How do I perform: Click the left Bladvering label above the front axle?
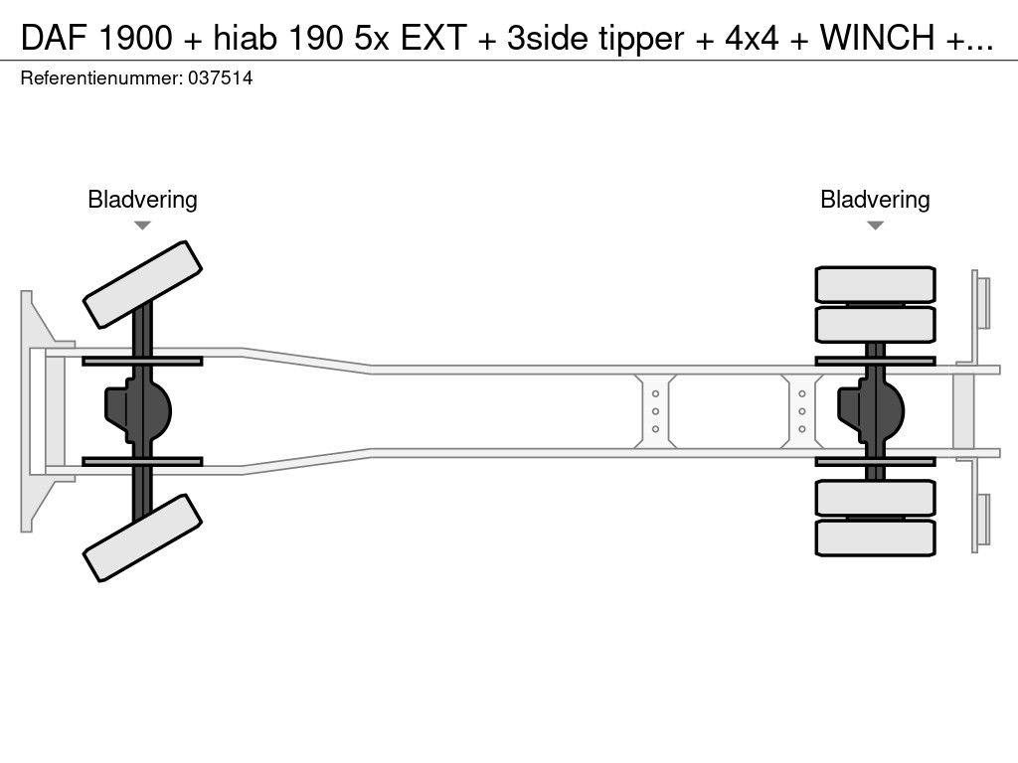pyautogui.click(x=142, y=200)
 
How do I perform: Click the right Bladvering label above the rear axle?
pyautogui.click(x=875, y=200)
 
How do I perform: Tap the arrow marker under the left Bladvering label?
pyautogui.click(x=142, y=226)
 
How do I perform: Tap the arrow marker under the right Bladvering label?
pyautogui.click(x=875, y=226)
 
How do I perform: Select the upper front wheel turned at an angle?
pyautogui.click(x=143, y=284)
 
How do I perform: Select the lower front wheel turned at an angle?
pyautogui.click(x=143, y=537)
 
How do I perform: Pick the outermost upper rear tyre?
pyautogui.click(x=875, y=283)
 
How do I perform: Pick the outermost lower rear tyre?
pyautogui.click(x=875, y=537)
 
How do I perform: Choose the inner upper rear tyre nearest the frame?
pyautogui.click(x=875, y=323)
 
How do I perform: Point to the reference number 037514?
pyautogui.click(x=220, y=78)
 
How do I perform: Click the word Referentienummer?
pyautogui.click(x=100, y=78)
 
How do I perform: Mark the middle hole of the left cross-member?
pyautogui.click(x=656, y=411)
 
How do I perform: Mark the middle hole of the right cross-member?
pyautogui.click(x=801, y=411)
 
